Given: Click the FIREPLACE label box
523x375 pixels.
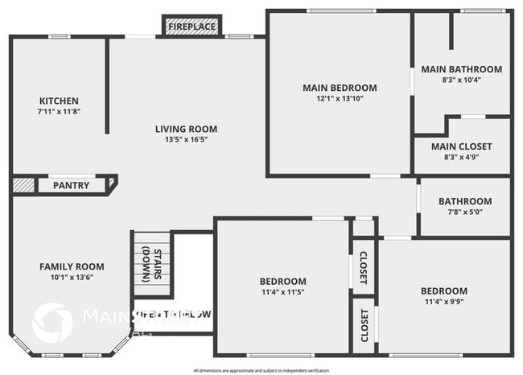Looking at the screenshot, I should pyautogui.click(x=191, y=27).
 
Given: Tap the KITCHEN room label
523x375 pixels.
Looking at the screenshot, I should pyautogui.click(x=59, y=101).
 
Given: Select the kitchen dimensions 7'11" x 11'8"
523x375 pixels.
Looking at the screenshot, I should pyautogui.click(x=59, y=111).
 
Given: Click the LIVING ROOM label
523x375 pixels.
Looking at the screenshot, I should pyautogui.click(x=186, y=129).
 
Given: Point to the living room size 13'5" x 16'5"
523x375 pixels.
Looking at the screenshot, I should pyautogui.click(x=186, y=139).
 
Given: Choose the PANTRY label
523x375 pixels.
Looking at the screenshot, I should pyautogui.click(x=71, y=185).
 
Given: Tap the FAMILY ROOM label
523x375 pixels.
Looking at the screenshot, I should pyautogui.click(x=72, y=266).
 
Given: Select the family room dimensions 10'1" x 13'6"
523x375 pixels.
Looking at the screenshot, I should pyautogui.click(x=72, y=278).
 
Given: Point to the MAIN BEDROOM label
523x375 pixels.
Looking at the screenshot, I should pyautogui.click(x=340, y=88).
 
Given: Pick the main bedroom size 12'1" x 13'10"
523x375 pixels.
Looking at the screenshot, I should pyautogui.click(x=340, y=98).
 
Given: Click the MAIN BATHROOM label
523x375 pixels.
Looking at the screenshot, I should pyautogui.click(x=461, y=69).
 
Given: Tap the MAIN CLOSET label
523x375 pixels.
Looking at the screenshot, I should pyautogui.click(x=461, y=146).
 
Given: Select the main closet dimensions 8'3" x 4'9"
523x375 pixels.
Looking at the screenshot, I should pyautogui.click(x=461, y=158).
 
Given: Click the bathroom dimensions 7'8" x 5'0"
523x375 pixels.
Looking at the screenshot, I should pyautogui.click(x=464, y=212).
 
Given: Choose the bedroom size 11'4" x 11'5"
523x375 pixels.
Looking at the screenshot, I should pyautogui.click(x=282, y=292).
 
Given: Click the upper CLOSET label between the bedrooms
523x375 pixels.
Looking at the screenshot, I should pyautogui.click(x=363, y=267).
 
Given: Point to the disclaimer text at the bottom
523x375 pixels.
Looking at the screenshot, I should pyautogui.click(x=261, y=370).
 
